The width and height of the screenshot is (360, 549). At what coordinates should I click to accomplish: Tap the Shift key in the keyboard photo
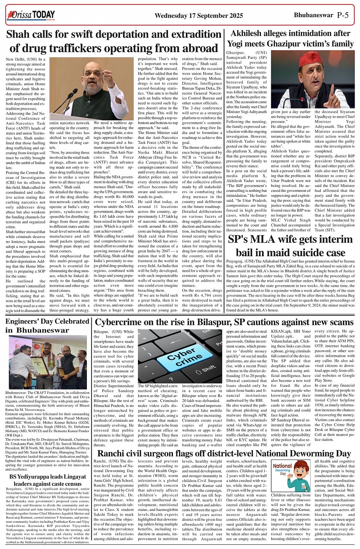click(x=208, y=369)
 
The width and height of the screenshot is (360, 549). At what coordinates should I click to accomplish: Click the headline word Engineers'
click(x=24, y=321)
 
